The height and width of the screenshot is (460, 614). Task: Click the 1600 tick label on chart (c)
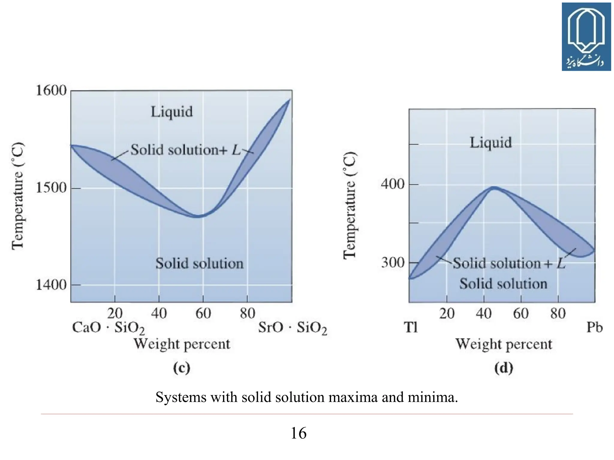pos(51,90)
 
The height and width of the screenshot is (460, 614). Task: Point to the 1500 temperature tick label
pos(51,188)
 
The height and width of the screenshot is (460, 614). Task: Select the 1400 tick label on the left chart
pos(51,285)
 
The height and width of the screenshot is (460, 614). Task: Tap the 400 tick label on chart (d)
pos(393,184)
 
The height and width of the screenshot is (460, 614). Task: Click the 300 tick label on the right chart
pos(393,263)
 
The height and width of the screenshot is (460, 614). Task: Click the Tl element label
pos(410,327)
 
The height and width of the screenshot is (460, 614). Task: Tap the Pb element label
pos(594,327)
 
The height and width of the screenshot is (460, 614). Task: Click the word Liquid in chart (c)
pos(171,112)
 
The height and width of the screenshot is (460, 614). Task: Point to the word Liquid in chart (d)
pos(490,142)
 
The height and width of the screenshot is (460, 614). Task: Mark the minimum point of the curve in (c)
pos(197,216)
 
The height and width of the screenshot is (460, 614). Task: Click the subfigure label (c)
pos(182,368)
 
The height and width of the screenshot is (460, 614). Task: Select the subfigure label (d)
pos(503,368)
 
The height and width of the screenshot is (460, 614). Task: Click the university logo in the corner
pos(586,37)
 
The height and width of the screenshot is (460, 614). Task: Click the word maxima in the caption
pos(353,397)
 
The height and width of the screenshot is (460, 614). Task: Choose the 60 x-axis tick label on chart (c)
pos(203,314)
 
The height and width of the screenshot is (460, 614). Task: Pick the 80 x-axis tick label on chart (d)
pos(558,314)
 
